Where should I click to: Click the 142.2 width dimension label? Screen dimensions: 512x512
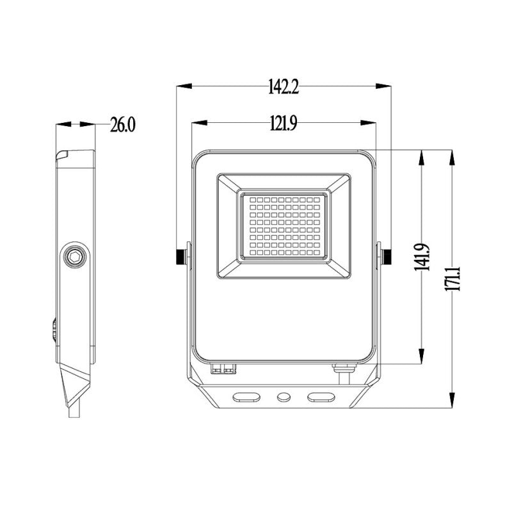[x=284, y=87]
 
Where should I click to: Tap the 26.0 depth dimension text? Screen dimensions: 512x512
[x=123, y=124]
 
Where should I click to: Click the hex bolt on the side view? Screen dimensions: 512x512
[x=75, y=257]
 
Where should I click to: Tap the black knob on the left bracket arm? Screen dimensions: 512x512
[x=181, y=257]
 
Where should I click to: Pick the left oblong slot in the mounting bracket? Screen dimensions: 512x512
[x=246, y=397]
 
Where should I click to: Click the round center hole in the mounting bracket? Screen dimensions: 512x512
[x=283, y=397]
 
